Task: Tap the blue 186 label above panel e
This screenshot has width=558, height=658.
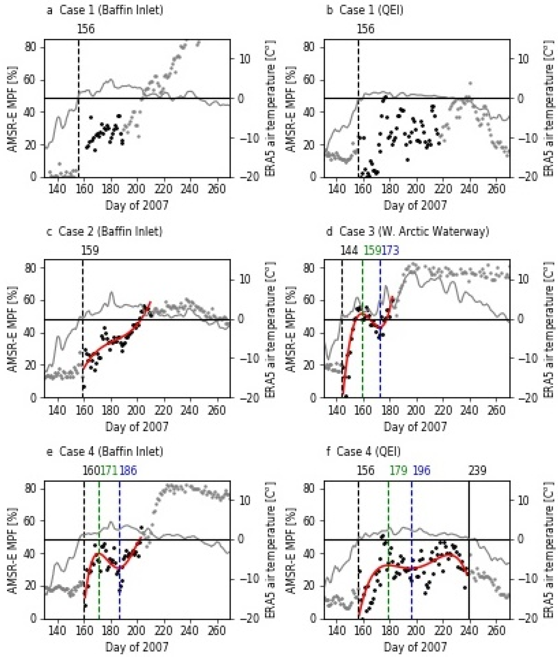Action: tap(128, 471)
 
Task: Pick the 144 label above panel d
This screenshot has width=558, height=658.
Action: tap(349, 251)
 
